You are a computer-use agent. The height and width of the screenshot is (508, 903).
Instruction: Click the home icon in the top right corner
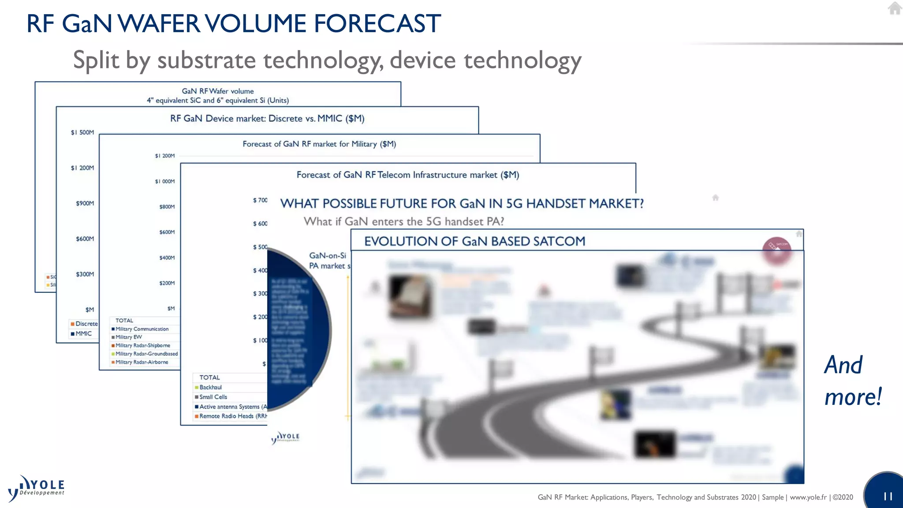click(895, 8)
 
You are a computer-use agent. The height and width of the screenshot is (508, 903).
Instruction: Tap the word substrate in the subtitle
click(206, 60)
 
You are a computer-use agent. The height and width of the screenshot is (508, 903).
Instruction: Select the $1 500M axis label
click(82, 132)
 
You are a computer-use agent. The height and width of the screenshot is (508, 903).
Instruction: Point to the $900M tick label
click(85, 203)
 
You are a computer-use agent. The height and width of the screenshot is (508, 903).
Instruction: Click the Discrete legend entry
click(84, 324)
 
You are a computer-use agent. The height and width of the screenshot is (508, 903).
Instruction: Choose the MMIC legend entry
click(82, 333)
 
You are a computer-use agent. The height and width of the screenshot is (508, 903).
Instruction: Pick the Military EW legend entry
click(128, 337)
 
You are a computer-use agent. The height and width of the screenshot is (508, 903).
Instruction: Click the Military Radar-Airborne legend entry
click(141, 362)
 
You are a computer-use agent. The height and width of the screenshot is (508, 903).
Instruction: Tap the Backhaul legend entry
click(210, 387)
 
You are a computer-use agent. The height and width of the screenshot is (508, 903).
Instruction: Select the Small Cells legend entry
click(213, 397)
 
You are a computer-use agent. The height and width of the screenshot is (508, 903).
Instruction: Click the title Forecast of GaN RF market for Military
click(319, 144)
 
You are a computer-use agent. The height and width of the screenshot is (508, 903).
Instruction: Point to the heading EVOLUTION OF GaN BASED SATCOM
click(474, 241)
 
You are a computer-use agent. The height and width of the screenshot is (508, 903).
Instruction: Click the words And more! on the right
click(852, 381)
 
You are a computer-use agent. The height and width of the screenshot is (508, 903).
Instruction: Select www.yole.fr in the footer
click(808, 497)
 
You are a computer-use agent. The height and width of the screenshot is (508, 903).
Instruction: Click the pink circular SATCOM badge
click(776, 250)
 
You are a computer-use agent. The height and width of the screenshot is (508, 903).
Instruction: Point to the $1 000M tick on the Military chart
click(164, 181)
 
